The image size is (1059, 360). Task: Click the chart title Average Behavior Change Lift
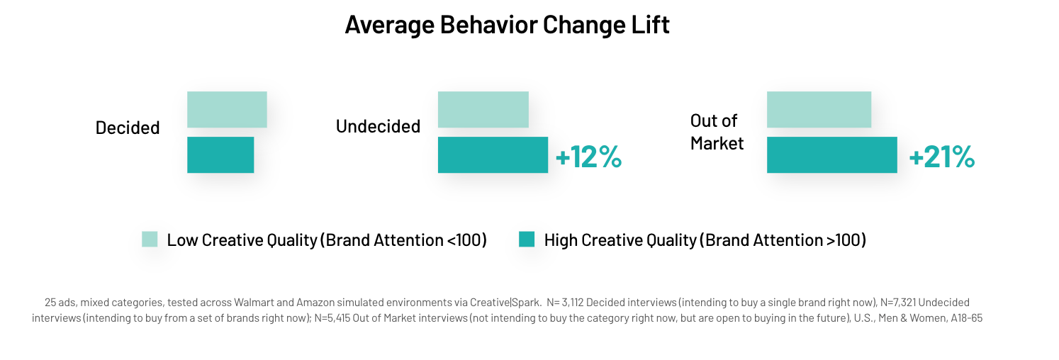(507, 25)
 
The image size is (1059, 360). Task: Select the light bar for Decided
(227, 110)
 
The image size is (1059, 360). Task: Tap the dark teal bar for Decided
(220, 155)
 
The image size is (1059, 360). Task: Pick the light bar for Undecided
(483, 110)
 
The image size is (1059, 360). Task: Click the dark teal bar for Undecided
(493, 155)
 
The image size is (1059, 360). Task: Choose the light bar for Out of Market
(819, 110)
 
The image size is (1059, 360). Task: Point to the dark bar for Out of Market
(832, 155)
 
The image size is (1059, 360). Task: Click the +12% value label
(588, 157)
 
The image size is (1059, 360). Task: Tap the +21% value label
(942, 157)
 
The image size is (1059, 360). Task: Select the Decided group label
(128, 128)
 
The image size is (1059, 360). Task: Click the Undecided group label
(379, 126)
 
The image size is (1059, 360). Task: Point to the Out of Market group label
(717, 132)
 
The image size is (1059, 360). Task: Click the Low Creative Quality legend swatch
(150, 239)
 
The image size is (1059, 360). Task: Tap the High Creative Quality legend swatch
(527, 239)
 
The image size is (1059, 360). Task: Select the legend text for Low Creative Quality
(327, 240)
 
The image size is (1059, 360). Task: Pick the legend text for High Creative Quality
(705, 240)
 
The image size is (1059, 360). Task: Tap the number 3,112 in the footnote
(573, 303)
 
